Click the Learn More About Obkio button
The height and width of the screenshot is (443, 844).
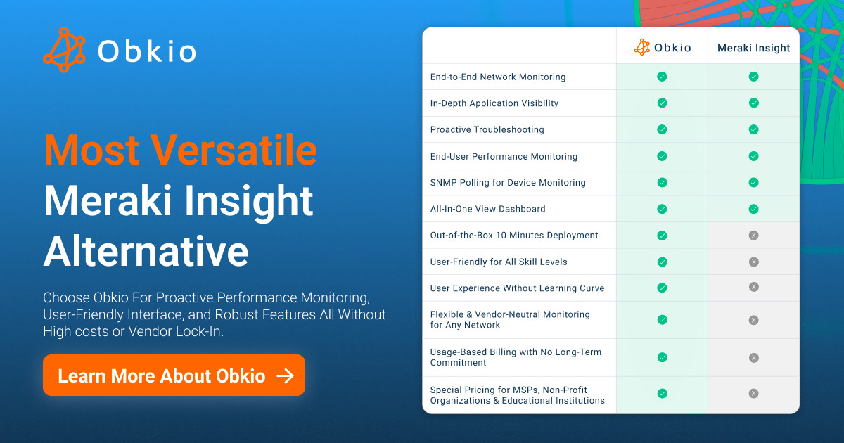(x=174, y=375)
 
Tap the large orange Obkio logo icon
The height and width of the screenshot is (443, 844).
(x=64, y=50)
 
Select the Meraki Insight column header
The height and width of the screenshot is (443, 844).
(x=753, y=48)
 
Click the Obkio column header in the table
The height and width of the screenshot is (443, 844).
(x=663, y=48)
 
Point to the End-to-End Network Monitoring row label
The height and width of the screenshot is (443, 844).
(x=498, y=77)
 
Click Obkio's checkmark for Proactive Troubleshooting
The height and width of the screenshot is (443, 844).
(x=662, y=129)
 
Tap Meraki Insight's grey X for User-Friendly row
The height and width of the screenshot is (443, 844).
(x=753, y=262)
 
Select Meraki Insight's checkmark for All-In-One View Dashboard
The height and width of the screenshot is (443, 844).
(x=753, y=209)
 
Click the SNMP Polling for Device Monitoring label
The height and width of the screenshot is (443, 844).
(x=508, y=183)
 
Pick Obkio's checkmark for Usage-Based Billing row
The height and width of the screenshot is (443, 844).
(x=662, y=357)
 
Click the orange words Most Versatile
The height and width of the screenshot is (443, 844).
(x=181, y=150)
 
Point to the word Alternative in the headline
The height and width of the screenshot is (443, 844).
(x=146, y=251)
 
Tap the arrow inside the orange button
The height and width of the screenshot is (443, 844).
(x=286, y=375)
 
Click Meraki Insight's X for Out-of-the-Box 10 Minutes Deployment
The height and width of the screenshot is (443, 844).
(x=753, y=236)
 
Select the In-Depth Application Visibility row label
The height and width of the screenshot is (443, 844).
(x=494, y=103)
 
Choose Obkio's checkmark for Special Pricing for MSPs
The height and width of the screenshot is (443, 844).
(x=662, y=394)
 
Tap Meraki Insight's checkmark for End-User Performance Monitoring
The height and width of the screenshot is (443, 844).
(x=753, y=156)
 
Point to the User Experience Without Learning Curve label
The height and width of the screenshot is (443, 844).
(x=517, y=288)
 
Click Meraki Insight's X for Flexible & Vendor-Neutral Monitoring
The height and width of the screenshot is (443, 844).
(x=753, y=320)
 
